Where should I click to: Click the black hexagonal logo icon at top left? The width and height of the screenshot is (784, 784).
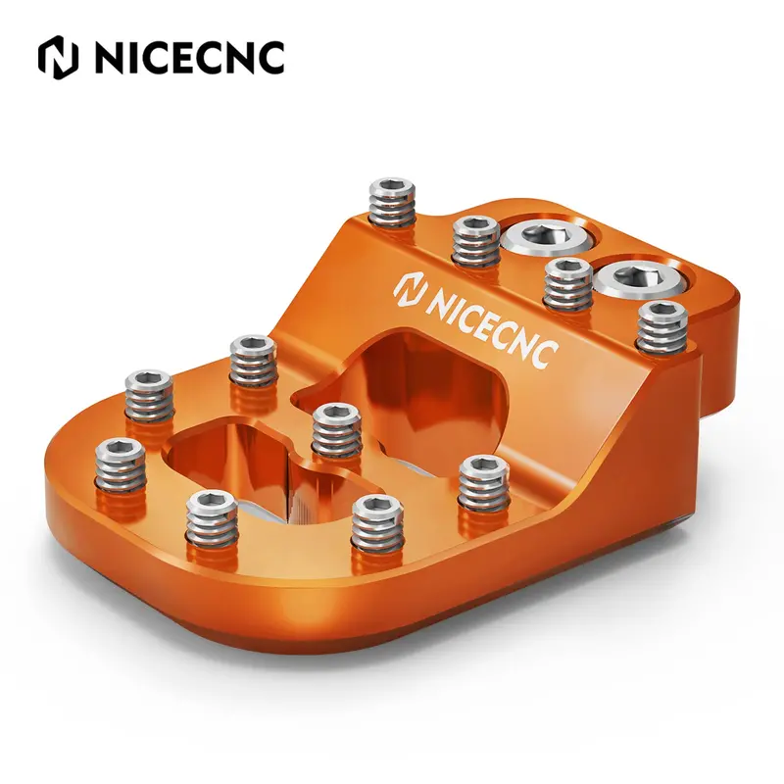59,58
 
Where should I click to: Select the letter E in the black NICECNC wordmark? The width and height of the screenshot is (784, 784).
190,58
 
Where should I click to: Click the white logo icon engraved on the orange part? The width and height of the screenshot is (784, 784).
410,291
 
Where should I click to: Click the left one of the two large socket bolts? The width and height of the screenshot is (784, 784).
549,237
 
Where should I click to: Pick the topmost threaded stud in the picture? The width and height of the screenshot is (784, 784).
393,204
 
